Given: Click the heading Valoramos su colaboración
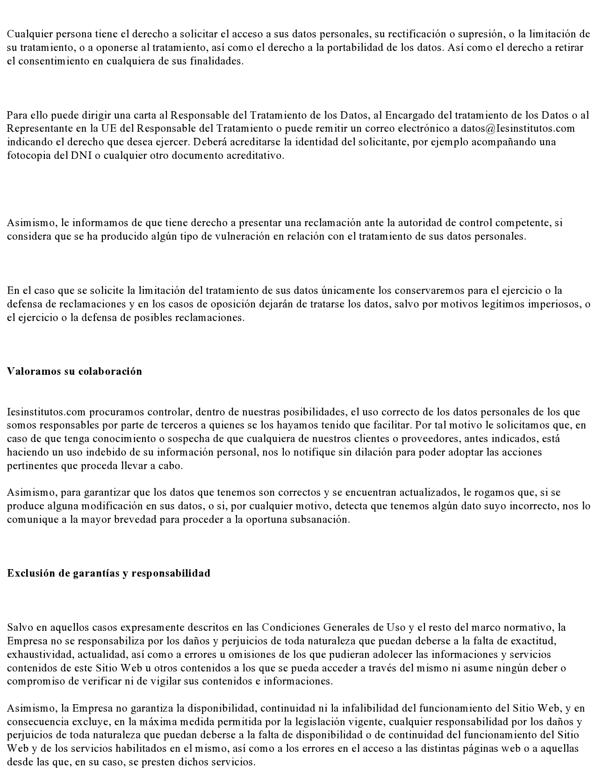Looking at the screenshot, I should pyautogui.click(x=74, y=371).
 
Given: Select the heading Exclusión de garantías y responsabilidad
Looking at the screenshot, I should pyautogui.click(x=108, y=573).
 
